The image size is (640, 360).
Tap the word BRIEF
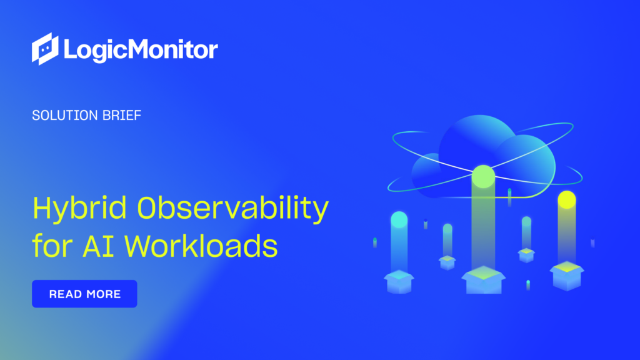(x=122, y=116)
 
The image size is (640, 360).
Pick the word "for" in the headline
(x=51, y=246)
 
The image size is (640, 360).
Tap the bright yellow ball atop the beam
(x=566, y=199)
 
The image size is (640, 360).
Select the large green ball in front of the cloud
(x=483, y=176)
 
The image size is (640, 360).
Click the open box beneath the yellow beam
(x=566, y=275)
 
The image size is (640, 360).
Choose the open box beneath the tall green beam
(x=482, y=279)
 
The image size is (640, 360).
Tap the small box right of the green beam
(x=526, y=254)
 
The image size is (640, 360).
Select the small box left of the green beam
(x=447, y=261)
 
